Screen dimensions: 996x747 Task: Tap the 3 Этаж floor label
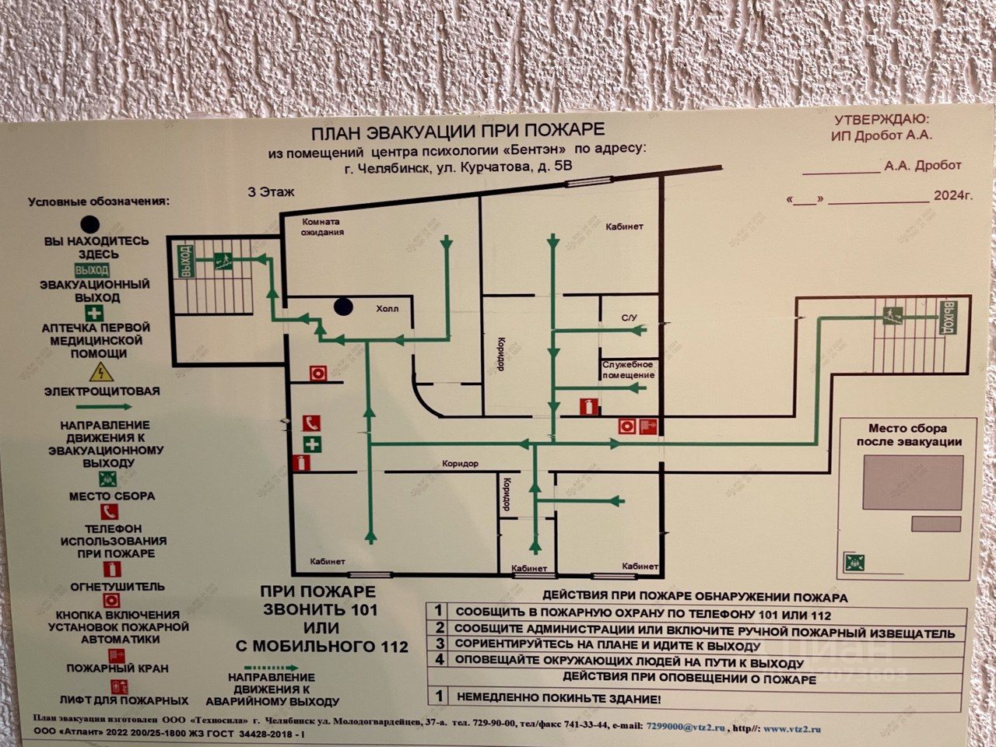coord(272,191)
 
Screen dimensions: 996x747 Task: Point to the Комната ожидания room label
coord(323,226)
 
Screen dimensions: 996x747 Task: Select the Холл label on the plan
coord(387,308)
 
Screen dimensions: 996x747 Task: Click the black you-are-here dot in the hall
coord(344,307)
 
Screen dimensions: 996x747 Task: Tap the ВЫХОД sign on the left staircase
coord(185,261)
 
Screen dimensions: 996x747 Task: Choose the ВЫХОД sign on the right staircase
coord(948,317)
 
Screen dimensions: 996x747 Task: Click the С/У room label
coord(629,317)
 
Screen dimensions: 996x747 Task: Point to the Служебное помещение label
coord(627,370)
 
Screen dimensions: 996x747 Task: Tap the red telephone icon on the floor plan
coord(312,423)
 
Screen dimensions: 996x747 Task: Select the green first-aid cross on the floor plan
coord(312,444)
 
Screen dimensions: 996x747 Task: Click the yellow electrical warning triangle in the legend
coord(98,372)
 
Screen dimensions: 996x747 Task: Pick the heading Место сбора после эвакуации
coord(908,435)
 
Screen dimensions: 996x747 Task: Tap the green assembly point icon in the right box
coord(855,561)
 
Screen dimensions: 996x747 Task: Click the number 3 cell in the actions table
coord(440,644)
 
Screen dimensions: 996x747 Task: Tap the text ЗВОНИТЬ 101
coord(319,610)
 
